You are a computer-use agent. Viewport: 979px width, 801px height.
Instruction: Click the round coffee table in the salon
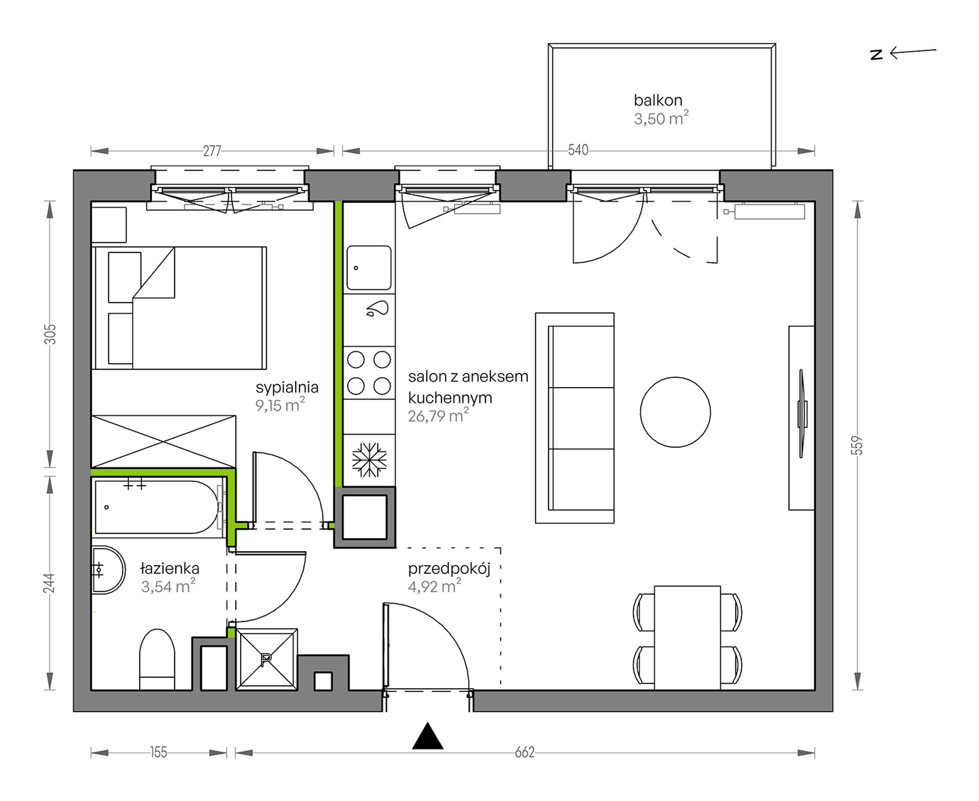point(675,412)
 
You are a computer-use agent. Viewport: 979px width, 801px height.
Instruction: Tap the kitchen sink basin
point(368,268)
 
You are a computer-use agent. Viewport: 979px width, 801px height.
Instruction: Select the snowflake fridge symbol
point(369,459)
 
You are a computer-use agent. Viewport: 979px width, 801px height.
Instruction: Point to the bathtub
point(159,507)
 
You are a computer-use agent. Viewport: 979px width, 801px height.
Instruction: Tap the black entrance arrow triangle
point(428,736)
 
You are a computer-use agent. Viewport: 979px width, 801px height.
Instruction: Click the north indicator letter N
point(876,55)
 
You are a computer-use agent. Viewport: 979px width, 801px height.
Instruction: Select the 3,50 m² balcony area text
point(661,119)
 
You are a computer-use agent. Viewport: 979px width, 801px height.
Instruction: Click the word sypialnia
point(287,388)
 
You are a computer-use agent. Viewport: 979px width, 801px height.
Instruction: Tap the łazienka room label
point(170,569)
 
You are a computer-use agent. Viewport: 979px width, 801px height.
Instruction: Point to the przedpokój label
point(449,569)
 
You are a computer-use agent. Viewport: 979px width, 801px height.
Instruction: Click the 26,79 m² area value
point(438,415)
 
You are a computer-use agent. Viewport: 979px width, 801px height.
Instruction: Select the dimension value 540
point(578,150)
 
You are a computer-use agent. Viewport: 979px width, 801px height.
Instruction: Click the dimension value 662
point(525,753)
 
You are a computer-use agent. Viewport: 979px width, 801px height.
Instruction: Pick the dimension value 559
point(857,445)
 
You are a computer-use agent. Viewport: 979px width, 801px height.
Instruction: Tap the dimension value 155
point(159,753)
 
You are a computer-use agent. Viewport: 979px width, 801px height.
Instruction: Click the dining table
point(687,638)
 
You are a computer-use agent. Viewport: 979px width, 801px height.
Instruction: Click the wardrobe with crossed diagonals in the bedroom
point(163,442)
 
